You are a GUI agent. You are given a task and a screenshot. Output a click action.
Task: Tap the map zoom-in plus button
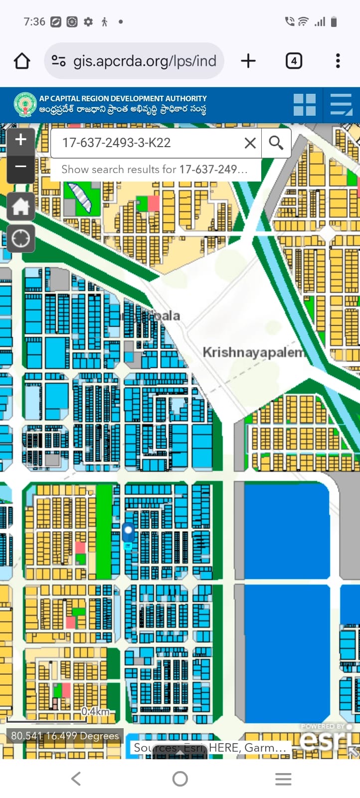pos(20,140)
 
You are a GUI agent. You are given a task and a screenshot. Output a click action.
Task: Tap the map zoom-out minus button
pos(20,166)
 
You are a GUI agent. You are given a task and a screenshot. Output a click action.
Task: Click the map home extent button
pos(20,206)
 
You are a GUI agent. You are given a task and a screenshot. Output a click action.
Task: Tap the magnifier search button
pos(276,143)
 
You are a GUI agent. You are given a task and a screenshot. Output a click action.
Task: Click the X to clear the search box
pos(250,143)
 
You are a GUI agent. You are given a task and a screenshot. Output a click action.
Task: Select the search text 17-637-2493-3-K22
pos(116,143)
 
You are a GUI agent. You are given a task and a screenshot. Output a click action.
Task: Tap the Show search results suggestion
pos(155,170)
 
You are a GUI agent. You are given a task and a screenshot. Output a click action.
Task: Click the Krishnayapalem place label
pos(253,352)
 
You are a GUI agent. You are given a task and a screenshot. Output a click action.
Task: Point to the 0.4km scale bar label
pos(95,711)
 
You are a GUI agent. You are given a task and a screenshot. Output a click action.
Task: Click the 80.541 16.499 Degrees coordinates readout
pos(65,736)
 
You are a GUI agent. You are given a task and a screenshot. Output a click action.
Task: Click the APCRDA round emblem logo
pos(25,105)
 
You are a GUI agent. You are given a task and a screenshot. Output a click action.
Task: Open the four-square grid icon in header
pos(304,105)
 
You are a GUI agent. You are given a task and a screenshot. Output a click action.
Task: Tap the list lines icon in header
pos(341,105)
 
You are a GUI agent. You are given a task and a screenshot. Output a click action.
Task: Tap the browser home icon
pos(22,61)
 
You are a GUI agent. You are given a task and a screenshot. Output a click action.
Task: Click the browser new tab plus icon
pos(248,61)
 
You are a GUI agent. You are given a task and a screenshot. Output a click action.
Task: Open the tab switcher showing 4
pos(294,61)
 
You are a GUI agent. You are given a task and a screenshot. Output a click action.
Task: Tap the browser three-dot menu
pos(338,61)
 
